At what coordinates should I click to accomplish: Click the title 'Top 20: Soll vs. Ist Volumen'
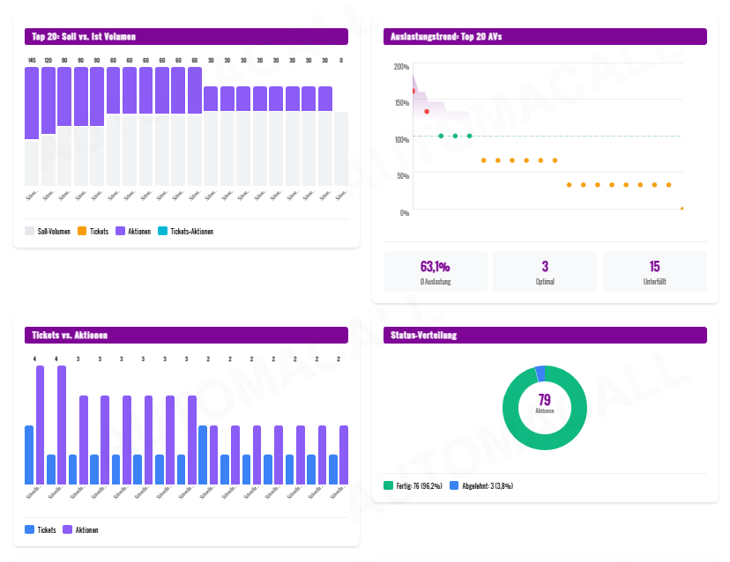tap(84, 36)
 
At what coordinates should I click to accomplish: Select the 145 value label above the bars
tap(32, 60)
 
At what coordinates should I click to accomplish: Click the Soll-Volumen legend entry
tap(48, 231)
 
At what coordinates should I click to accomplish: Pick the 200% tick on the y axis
tap(401, 67)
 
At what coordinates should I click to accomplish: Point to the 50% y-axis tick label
tap(402, 176)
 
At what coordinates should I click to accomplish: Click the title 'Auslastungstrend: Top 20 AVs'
tap(446, 36)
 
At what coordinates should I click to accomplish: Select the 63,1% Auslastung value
tap(436, 266)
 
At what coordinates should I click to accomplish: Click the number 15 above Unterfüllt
tap(654, 266)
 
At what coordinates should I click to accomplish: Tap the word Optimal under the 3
tap(545, 282)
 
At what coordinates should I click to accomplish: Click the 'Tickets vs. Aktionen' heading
tap(70, 335)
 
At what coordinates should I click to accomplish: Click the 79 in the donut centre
tap(545, 400)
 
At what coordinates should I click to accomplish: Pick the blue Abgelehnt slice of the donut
tap(540, 373)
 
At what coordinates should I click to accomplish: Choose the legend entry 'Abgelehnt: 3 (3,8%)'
tap(481, 485)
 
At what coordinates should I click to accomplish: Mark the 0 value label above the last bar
tap(341, 60)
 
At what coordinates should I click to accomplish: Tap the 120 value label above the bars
tap(48, 60)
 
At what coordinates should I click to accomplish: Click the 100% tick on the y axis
tap(401, 140)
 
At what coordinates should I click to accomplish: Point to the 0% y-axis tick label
tap(404, 212)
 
